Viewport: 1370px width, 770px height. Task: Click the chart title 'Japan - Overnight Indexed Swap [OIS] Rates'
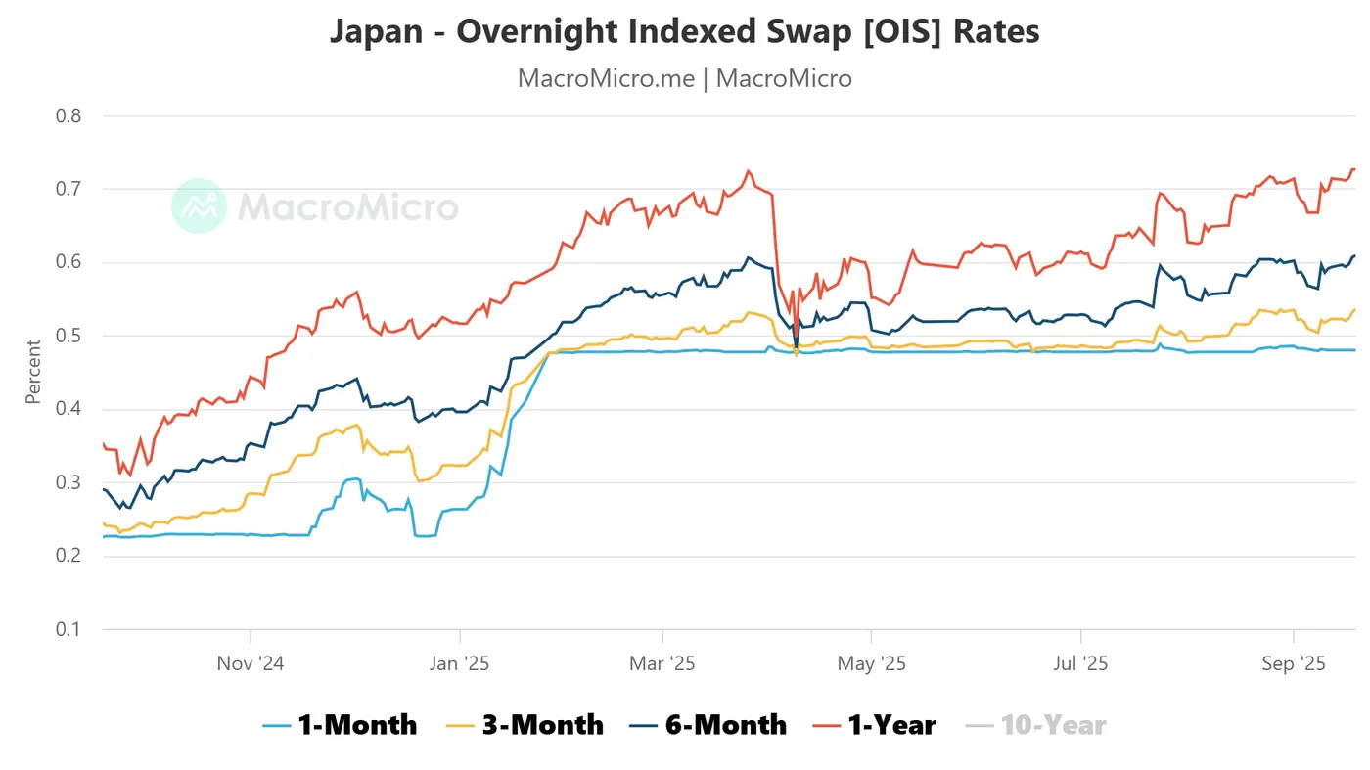click(684, 31)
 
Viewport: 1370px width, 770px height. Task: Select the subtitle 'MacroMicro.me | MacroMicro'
click(684, 78)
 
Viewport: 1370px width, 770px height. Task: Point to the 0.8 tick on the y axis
click(68, 115)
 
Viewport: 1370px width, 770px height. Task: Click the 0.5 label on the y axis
click(68, 336)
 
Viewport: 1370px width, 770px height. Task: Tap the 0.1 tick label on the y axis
click(68, 629)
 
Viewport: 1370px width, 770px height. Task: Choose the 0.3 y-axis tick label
click(68, 482)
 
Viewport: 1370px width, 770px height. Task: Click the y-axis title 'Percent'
click(33, 372)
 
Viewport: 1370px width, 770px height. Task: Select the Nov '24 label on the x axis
click(251, 663)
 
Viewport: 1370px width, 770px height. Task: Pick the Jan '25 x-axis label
click(459, 663)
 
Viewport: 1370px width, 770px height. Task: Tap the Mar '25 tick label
click(662, 663)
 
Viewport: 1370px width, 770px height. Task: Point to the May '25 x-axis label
click(871, 663)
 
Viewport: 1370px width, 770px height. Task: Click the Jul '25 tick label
click(1080, 663)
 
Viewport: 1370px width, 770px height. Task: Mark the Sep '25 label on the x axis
click(1293, 663)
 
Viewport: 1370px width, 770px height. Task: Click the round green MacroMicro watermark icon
click(199, 206)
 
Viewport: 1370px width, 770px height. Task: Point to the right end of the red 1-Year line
click(1354, 170)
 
